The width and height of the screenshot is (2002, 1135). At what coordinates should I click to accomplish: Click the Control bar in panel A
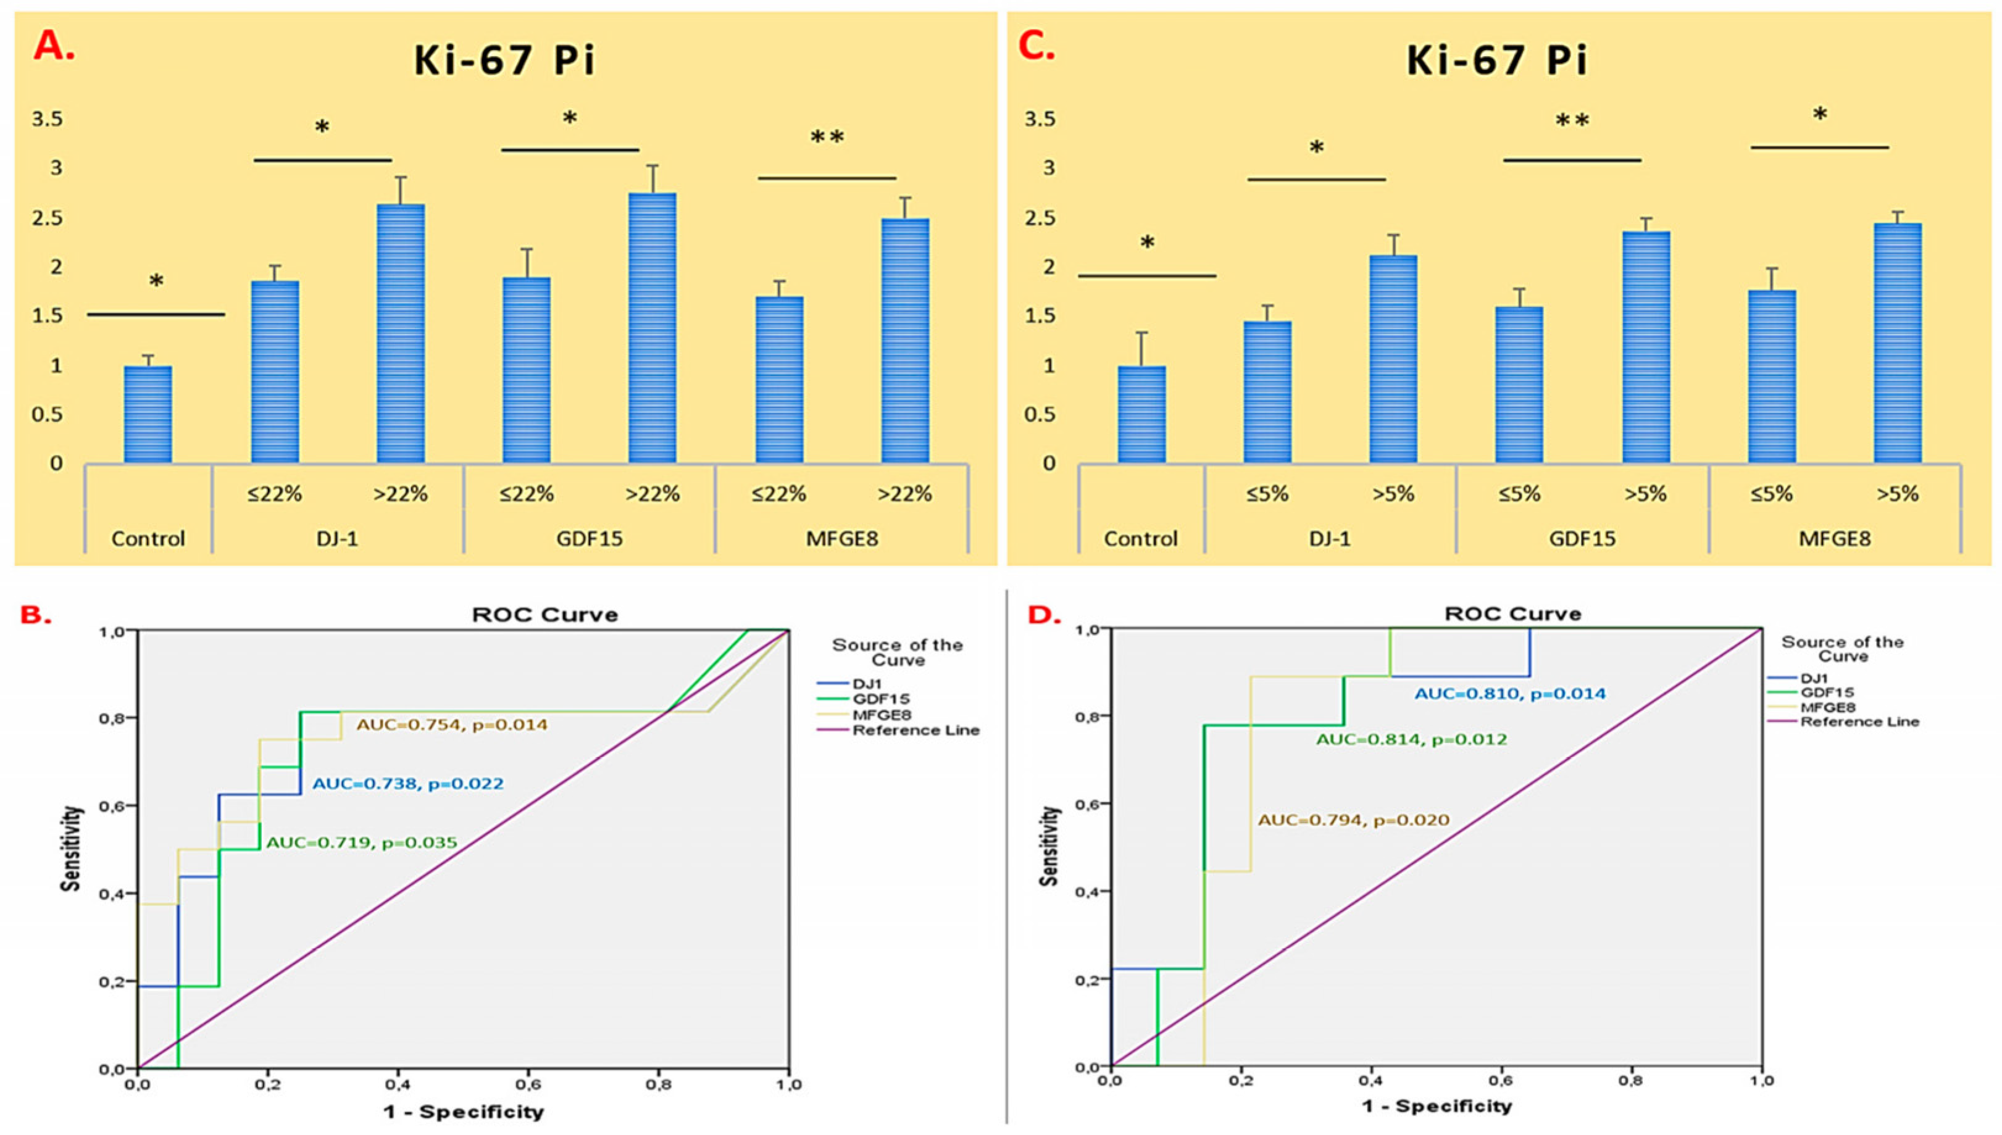click(148, 415)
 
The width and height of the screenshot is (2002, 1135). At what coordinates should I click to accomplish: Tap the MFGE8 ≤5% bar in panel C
click(1772, 377)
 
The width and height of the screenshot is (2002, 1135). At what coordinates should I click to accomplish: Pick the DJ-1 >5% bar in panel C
click(1393, 359)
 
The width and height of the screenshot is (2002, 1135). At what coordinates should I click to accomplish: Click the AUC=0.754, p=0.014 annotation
click(452, 725)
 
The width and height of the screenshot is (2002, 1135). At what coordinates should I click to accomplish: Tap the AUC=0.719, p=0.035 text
click(362, 842)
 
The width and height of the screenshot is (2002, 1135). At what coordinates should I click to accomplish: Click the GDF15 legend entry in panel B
click(881, 699)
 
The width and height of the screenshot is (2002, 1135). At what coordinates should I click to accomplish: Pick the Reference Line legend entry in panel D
click(1859, 722)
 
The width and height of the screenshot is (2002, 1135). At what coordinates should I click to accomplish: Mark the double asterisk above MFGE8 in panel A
click(827, 138)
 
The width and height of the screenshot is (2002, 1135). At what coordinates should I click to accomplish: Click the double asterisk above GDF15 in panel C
click(1572, 121)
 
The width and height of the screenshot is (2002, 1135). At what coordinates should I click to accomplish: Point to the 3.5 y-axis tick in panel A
click(47, 119)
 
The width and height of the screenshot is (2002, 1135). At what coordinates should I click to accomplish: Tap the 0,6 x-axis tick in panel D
click(1501, 1081)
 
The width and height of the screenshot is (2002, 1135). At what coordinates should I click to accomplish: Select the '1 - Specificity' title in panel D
click(1437, 1106)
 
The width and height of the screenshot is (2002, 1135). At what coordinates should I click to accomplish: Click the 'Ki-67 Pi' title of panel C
click(1497, 61)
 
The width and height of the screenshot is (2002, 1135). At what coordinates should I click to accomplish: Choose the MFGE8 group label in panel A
click(842, 539)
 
